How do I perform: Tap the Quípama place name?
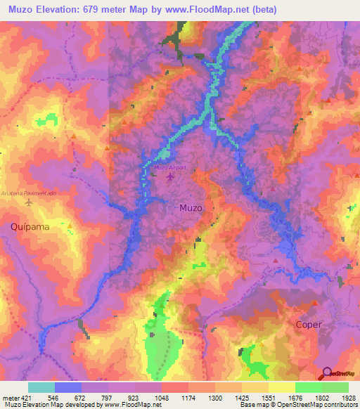click(x=29, y=226)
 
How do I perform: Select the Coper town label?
click(x=309, y=325)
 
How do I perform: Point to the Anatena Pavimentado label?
click(x=28, y=193)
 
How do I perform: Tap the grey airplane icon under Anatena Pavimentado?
click(x=29, y=203)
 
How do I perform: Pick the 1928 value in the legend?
click(x=348, y=397)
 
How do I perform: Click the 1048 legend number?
click(x=162, y=397)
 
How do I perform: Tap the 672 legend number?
click(x=82, y=397)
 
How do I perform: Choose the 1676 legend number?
click(x=295, y=397)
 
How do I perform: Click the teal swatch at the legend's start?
click(x=41, y=387)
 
